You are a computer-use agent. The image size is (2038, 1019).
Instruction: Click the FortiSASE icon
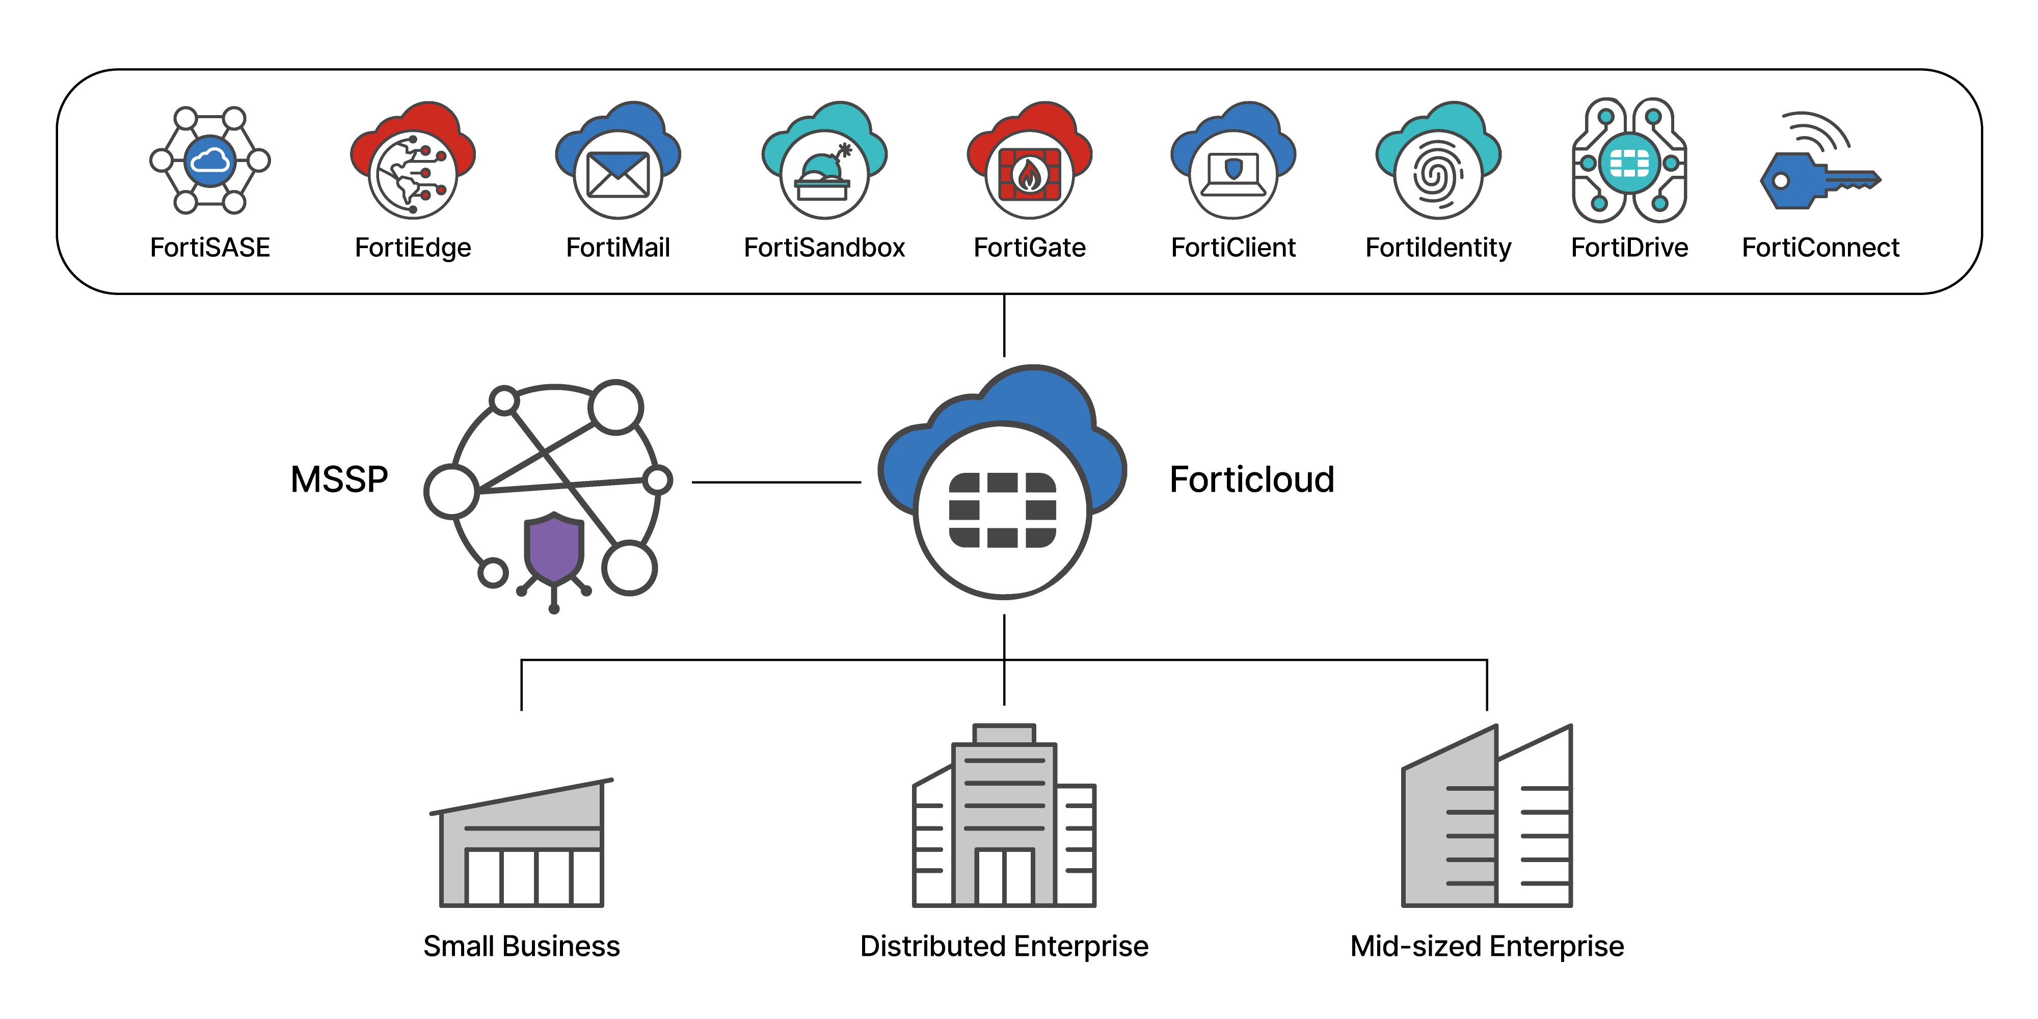[209, 160]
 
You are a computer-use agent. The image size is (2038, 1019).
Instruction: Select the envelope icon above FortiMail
[618, 174]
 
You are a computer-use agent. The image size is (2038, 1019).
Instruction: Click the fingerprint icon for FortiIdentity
[1437, 174]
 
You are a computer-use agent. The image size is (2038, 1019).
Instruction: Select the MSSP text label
[339, 479]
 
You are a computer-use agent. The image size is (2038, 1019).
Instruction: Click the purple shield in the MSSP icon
[554, 548]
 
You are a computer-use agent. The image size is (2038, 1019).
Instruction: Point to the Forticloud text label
[1252, 479]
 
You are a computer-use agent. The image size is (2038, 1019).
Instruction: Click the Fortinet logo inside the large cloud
[1002, 511]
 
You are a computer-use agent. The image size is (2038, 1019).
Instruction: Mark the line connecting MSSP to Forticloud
[775, 482]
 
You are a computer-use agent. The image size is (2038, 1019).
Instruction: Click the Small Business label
[521, 946]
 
